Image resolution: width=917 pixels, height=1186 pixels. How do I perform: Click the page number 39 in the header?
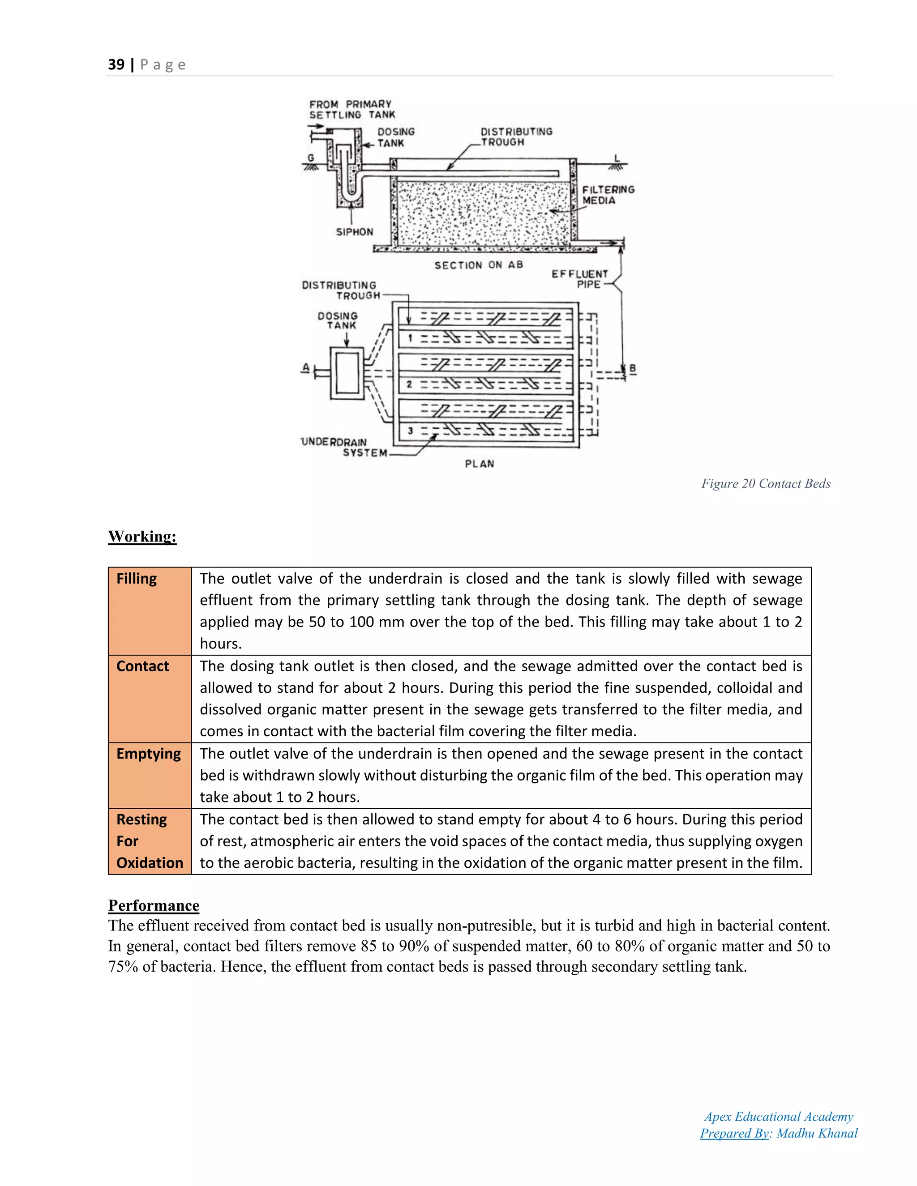[116, 64]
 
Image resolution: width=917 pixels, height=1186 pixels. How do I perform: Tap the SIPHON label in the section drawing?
[354, 232]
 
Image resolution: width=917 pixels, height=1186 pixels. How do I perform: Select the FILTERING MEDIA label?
[608, 195]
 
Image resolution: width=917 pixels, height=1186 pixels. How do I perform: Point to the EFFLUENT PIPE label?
[580, 279]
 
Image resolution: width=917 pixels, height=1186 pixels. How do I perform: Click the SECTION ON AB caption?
[478, 265]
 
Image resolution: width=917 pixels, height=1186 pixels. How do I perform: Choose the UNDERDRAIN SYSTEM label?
[344, 448]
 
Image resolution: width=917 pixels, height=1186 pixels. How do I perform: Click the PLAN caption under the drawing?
[479, 464]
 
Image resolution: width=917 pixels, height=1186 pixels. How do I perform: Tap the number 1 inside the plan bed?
[410, 338]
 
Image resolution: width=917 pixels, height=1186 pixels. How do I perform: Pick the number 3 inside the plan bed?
[410, 431]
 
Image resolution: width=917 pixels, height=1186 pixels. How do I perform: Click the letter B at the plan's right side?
[632, 369]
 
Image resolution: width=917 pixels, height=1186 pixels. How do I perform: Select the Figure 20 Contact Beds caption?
[765, 483]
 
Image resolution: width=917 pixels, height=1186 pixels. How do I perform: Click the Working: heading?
[142, 537]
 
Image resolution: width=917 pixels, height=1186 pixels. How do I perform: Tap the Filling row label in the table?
[137, 579]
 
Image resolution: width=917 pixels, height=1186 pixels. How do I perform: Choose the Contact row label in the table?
[142, 666]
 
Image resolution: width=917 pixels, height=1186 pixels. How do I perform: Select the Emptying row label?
[148, 754]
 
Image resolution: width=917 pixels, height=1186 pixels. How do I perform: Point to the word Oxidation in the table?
[150, 863]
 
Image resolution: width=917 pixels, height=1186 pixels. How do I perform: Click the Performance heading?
[154, 905]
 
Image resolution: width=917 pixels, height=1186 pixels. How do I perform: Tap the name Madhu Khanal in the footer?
[817, 1133]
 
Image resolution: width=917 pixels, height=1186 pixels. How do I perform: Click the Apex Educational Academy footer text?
[779, 1117]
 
